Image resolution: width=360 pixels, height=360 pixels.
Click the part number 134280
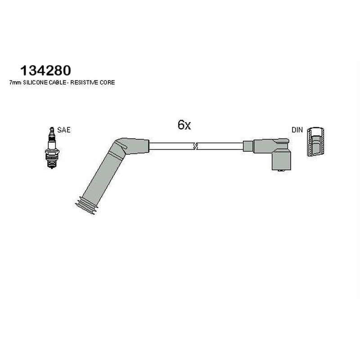(46, 71)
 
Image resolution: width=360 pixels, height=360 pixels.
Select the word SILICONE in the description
(36, 82)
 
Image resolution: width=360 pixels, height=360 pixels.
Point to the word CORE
(107, 82)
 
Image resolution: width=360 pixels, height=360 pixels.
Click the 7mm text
(15, 83)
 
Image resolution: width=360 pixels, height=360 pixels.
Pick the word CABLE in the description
(58, 82)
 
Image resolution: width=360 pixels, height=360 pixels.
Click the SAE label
(64, 130)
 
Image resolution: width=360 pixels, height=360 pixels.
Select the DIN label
(297, 130)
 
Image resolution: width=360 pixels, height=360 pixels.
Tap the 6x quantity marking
(184, 125)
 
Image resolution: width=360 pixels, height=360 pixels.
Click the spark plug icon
(52, 148)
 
